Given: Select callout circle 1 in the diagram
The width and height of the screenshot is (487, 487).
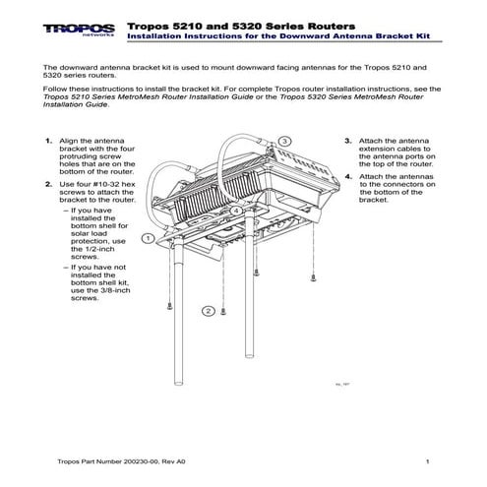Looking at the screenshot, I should click(x=147, y=238).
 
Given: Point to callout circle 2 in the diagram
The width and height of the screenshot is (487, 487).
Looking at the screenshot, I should click(x=209, y=311).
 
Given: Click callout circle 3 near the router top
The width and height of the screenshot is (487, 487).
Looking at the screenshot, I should click(x=283, y=142).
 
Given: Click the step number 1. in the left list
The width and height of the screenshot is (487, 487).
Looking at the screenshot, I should click(x=49, y=141).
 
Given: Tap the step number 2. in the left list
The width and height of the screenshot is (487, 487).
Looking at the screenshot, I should click(x=49, y=184).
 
